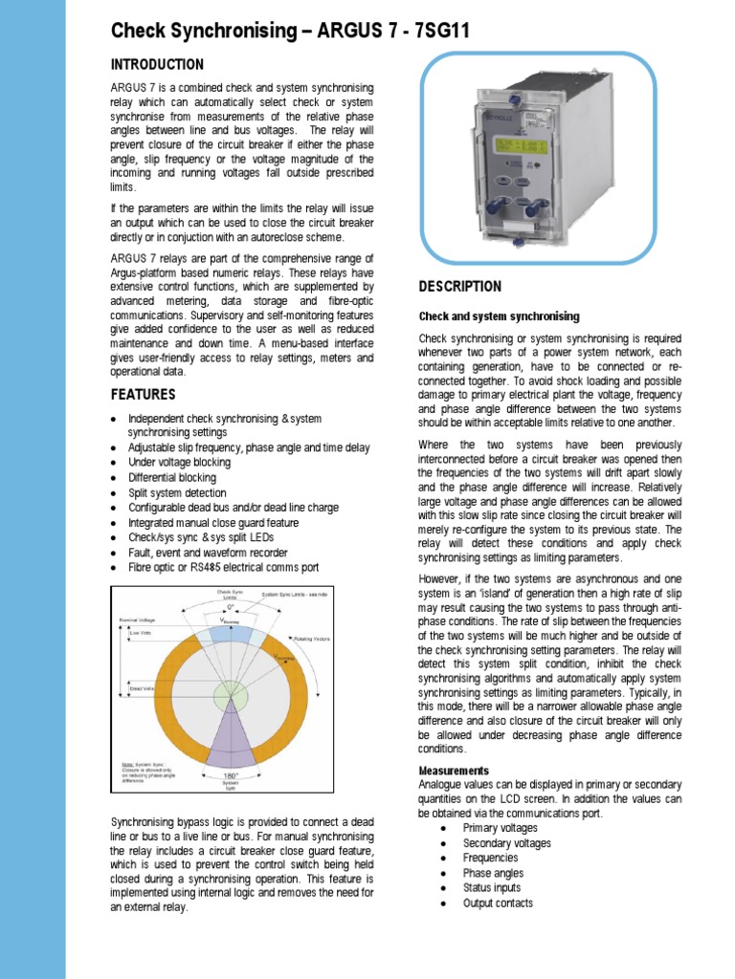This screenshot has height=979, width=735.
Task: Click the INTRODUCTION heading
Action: pyautogui.click(x=157, y=65)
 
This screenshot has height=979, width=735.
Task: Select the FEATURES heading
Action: pyautogui.click(x=144, y=394)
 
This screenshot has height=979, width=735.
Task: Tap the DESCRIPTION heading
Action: pyautogui.click(x=459, y=287)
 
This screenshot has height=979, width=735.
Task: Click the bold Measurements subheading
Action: pyautogui.click(x=454, y=771)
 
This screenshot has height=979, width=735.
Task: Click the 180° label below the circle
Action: pyautogui.click(x=230, y=775)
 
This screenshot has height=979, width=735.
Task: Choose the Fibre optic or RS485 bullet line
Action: pyautogui.click(x=223, y=568)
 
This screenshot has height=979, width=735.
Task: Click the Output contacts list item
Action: pyautogui.click(x=498, y=903)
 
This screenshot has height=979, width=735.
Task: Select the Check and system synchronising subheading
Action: pyautogui.click(x=499, y=316)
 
